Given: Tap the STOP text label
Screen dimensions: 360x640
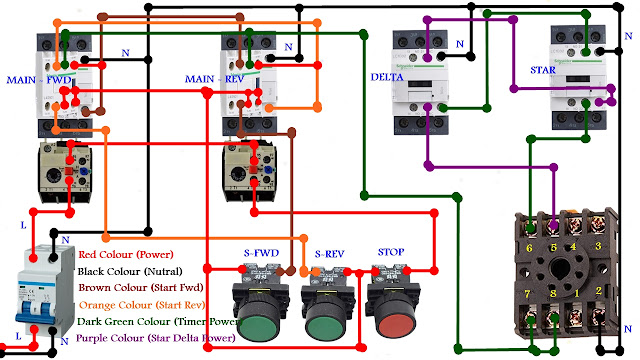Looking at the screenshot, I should point(391,251).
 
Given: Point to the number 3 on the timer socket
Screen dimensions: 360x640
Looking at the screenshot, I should point(598,246).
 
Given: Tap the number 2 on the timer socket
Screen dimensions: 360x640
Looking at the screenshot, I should point(598,291).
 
